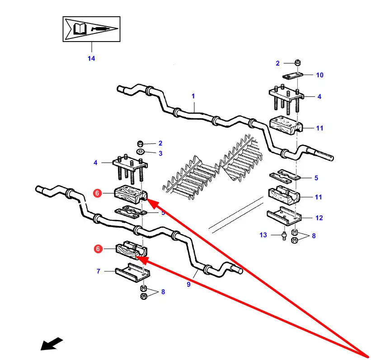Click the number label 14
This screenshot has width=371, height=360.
pos(91,59)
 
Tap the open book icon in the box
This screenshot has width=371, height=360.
pos(79,29)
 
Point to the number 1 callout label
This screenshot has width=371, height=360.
pos(193,96)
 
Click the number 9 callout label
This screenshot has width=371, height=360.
pos(188,285)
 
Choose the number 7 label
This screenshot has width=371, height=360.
pos(98,271)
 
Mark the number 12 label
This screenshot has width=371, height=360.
pos(319,218)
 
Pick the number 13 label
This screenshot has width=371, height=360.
pos(263,235)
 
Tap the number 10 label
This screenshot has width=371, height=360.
pos(319,75)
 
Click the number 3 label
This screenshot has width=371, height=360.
pos(160,154)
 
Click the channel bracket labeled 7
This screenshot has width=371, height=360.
pos(133,273)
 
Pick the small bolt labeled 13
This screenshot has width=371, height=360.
pos(283,236)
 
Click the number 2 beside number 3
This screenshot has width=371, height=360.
pos(160,143)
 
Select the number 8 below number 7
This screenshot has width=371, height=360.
pos(163,292)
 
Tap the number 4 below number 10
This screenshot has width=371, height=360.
pos(319,97)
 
